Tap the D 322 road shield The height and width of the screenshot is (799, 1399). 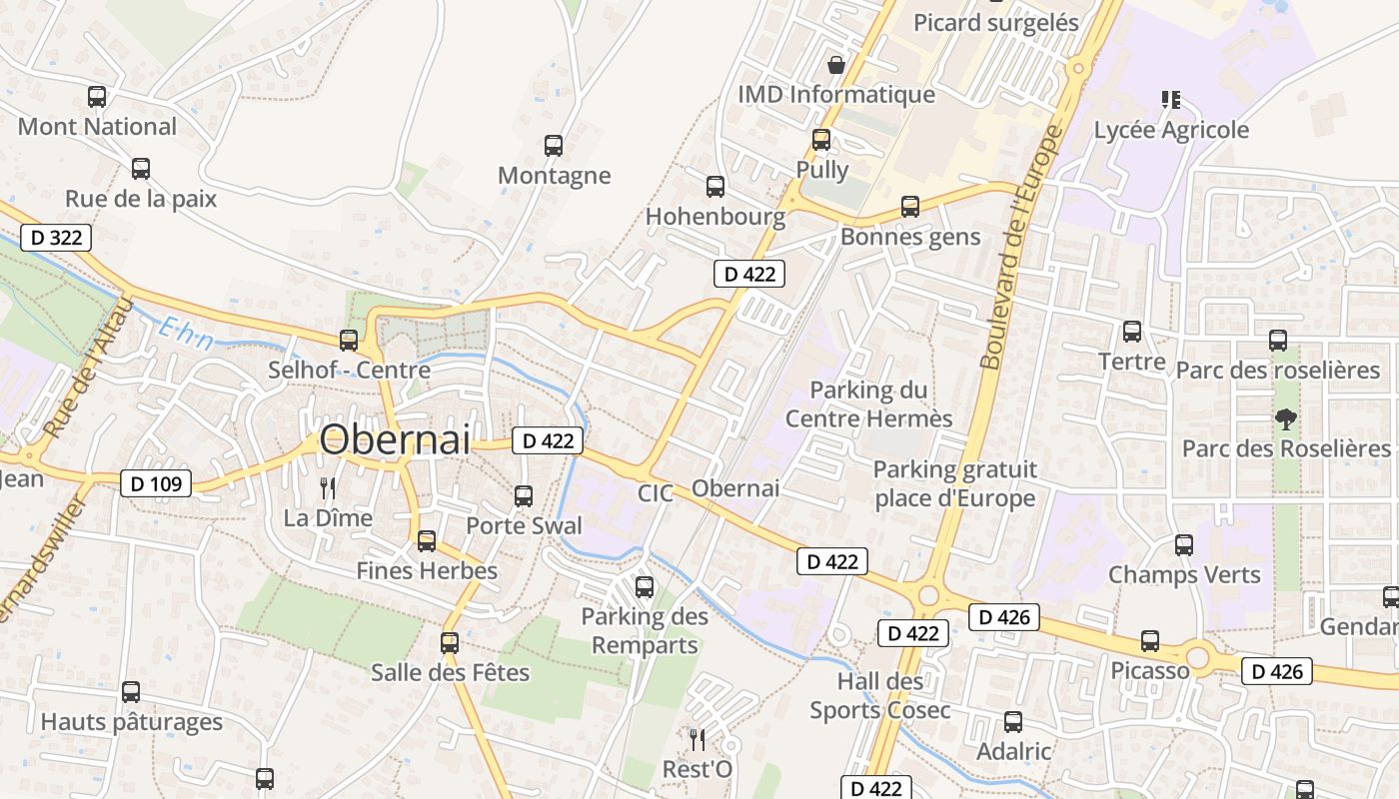(56, 238)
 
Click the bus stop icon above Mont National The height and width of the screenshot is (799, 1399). (97, 97)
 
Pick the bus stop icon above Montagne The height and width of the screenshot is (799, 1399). (554, 145)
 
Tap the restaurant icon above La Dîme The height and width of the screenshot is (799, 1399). (327, 487)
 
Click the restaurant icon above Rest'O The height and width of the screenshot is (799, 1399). (698, 739)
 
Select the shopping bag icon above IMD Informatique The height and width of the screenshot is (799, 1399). (836, 65)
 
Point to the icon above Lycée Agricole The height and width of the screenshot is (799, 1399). (1171, 99)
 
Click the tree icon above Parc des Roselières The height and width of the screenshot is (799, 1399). (1285, 418)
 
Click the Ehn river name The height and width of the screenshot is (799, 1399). (186, 333)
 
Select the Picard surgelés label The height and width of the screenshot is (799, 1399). (995, 22)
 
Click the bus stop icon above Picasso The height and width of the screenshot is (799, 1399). (1150, 641)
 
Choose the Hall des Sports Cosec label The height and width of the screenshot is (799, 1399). (879, 696)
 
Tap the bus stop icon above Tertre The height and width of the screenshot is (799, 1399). (1131, 331)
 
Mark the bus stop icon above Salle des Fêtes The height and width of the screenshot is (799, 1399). (450, 643)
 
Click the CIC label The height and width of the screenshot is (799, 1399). (656, 493)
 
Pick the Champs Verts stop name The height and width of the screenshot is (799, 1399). (1184, 575)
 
